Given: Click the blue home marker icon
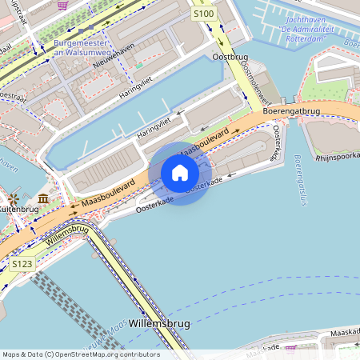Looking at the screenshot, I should [180, 173].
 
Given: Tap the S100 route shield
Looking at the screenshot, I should [203, 14].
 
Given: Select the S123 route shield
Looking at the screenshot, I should [22, 263].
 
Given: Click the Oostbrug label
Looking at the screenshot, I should [227, 58].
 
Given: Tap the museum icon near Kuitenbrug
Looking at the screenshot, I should [42, 198].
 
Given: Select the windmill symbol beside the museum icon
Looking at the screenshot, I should [14, 198].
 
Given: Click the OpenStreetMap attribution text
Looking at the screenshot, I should [80, 354].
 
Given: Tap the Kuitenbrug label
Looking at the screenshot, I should [18, 209].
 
